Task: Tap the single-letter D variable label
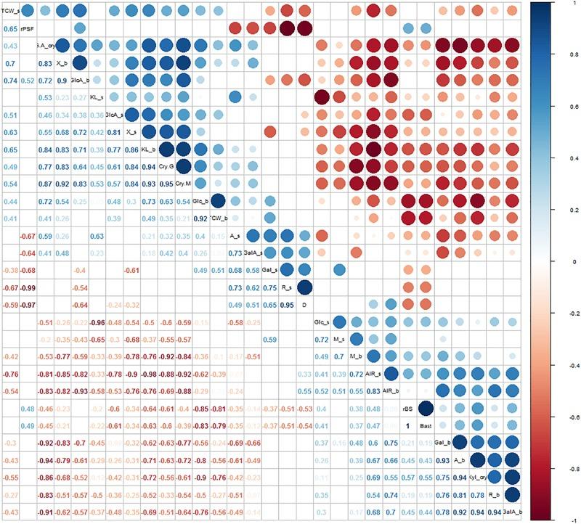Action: [x=304, y=303]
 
